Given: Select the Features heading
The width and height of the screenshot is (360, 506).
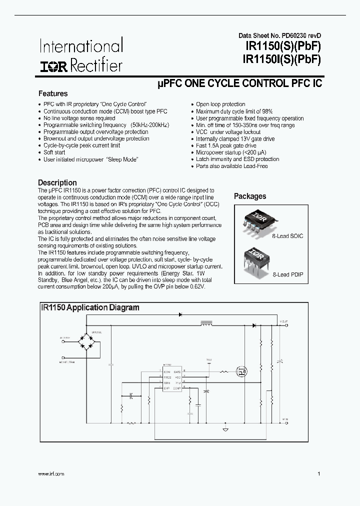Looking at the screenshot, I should (x=53, y=93).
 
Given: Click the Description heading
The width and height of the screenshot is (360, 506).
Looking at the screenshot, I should (x=57, y=182).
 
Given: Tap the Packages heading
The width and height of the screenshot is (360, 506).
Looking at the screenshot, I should (x=250, y=196).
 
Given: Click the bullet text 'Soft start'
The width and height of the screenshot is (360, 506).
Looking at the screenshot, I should (x=54, y=152).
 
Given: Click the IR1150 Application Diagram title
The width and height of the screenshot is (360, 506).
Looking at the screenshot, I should (x=90, y=307).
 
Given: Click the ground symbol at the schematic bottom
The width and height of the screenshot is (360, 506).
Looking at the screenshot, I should (x=225, y=429).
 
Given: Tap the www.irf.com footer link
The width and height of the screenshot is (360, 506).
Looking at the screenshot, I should (x=50, y=473).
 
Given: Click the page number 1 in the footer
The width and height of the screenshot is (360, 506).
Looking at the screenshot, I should (x=318, y=473).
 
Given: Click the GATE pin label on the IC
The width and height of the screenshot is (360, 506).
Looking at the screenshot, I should (x=177, y=370).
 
